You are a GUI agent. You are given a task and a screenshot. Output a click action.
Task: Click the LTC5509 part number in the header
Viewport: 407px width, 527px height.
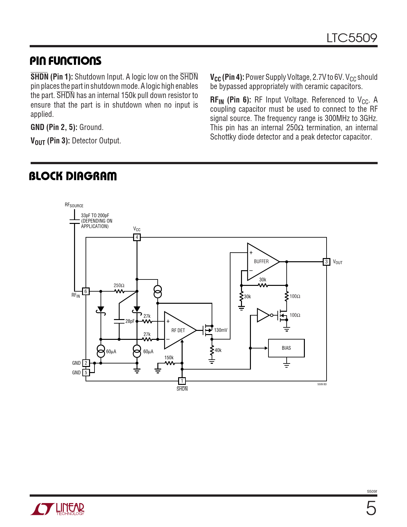351,38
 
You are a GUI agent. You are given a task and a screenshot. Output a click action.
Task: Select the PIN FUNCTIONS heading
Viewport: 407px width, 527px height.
65,61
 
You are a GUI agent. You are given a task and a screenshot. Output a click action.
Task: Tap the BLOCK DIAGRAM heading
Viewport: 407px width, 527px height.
73,176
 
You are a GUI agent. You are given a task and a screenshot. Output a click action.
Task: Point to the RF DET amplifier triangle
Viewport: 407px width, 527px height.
178,331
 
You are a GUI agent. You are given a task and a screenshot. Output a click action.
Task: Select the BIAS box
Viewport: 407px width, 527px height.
286,348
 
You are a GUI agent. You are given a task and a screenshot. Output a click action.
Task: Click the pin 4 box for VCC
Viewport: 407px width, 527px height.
137,237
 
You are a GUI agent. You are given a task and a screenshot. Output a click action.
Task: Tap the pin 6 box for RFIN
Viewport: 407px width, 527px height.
86,291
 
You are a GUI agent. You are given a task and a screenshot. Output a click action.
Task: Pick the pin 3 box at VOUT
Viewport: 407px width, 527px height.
326,262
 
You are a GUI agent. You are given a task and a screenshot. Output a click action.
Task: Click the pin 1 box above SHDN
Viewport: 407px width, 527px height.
182,381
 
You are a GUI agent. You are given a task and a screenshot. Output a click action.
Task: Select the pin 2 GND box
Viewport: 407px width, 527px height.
86,363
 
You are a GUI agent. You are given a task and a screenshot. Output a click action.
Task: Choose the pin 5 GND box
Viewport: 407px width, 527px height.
86,372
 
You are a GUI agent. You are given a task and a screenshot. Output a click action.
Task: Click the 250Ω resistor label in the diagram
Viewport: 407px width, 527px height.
119,285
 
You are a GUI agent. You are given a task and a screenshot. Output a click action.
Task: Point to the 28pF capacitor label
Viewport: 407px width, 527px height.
130,321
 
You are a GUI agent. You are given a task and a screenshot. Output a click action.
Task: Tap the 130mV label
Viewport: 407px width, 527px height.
221,330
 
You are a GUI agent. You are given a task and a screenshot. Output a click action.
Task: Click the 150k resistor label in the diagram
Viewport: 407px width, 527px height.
169,358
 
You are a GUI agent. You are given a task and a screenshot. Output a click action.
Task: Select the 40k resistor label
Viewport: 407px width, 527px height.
218,350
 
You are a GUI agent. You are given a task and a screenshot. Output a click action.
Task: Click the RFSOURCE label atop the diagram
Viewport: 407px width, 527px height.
74,205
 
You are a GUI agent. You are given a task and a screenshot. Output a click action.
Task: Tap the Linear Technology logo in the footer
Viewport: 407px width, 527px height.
57,509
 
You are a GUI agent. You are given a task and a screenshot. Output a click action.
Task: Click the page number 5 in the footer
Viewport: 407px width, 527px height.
371,509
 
